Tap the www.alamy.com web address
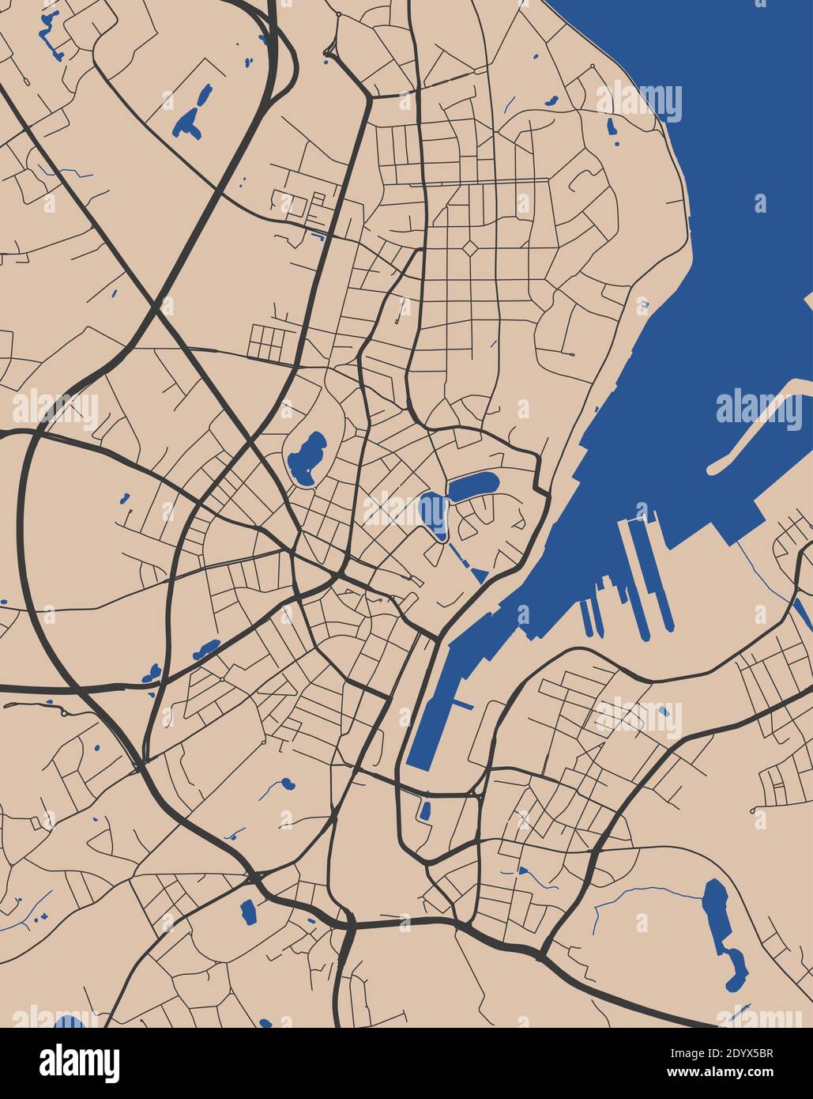tap(711, 1072)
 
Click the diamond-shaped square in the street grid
tap(470, 250)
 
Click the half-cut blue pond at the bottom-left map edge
tap(69, 1022)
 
